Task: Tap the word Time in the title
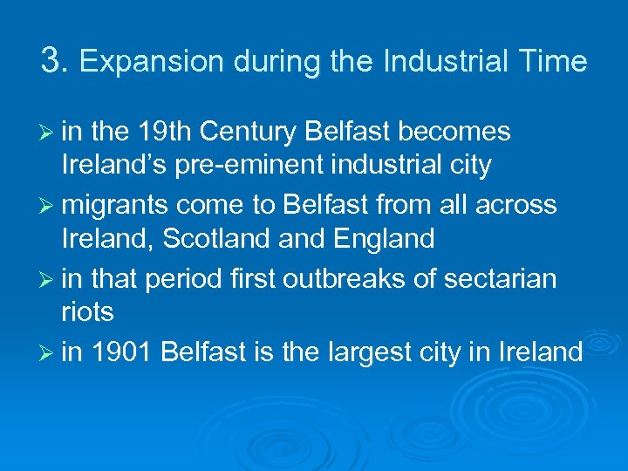pyautogui.click(x=556, y=61)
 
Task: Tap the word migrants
pyautogui.click(x=118, y=205)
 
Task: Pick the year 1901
pyautogui.click(x=123, y=352)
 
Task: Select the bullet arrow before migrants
pyautogui.click(x=47, y=206)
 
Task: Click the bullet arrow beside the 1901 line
pyautogui.click(x=47, y=353)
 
